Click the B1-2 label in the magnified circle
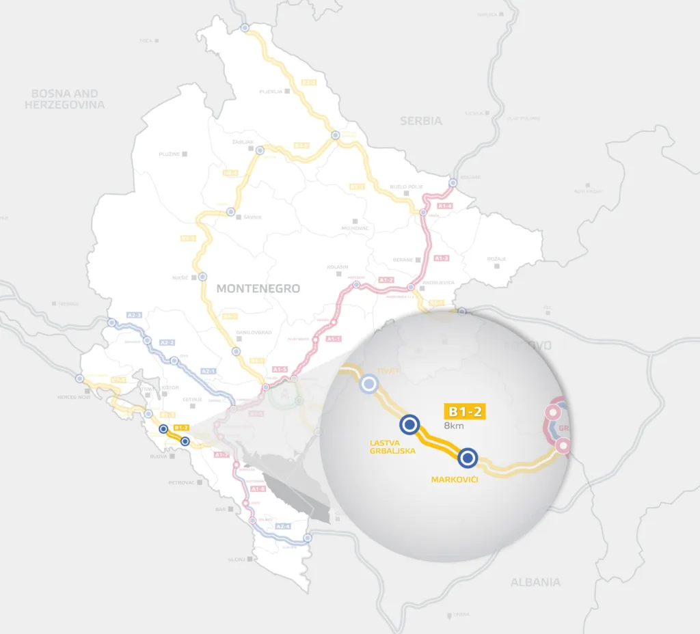coord(464,411)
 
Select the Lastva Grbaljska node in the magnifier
coord(409,425)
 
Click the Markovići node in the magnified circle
coord(467,457)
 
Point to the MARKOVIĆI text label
coord(454,480)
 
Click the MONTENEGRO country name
coord(258,288)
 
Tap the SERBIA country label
coord(420,121)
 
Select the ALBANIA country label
coord(535,582)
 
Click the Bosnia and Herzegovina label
coord(65,99)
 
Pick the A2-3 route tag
coord(135,315)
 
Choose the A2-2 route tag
coord(167,342)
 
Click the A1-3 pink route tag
coord(441,258)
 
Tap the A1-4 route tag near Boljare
coord(444,206)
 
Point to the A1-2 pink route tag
coord(386,280)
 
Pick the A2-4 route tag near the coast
coord(283,527)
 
